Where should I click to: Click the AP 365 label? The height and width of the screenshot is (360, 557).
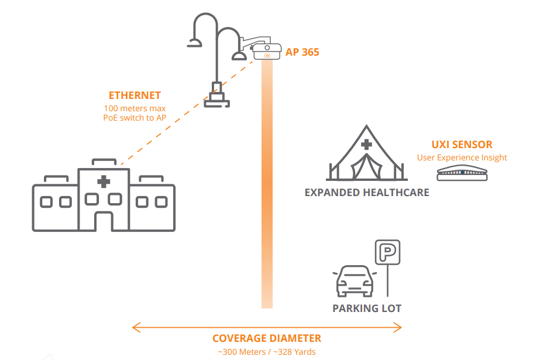(302, 52)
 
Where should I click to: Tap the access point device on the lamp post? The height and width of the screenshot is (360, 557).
(267, 52)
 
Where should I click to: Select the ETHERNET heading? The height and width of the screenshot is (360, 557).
(135, 95)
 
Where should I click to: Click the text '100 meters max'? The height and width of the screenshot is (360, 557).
(135, 108)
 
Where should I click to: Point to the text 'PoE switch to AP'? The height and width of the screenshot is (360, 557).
(135, 118)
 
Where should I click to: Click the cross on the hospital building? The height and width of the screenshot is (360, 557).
(104, 181)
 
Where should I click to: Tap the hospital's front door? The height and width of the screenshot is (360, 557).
(104, 221)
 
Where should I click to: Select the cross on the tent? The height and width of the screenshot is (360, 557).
(366, 145)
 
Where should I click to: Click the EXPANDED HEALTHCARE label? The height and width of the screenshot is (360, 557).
(367, 192)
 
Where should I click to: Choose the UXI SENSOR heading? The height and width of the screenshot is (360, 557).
(462, 145)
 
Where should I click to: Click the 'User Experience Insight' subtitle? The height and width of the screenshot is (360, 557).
(462, 157)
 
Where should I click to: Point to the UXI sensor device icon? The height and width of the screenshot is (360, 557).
(462, 173)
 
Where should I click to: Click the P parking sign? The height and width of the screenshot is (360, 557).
(387, 253)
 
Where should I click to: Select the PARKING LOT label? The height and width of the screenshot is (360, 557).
(367, 308)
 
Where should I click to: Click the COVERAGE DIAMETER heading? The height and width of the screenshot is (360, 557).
(266, 338)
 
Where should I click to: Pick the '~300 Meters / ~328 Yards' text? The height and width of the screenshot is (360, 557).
(266, 352)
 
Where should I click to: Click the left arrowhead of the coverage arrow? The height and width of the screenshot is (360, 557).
(135, 327)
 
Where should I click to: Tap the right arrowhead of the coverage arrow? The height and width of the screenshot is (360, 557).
(399, 327)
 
